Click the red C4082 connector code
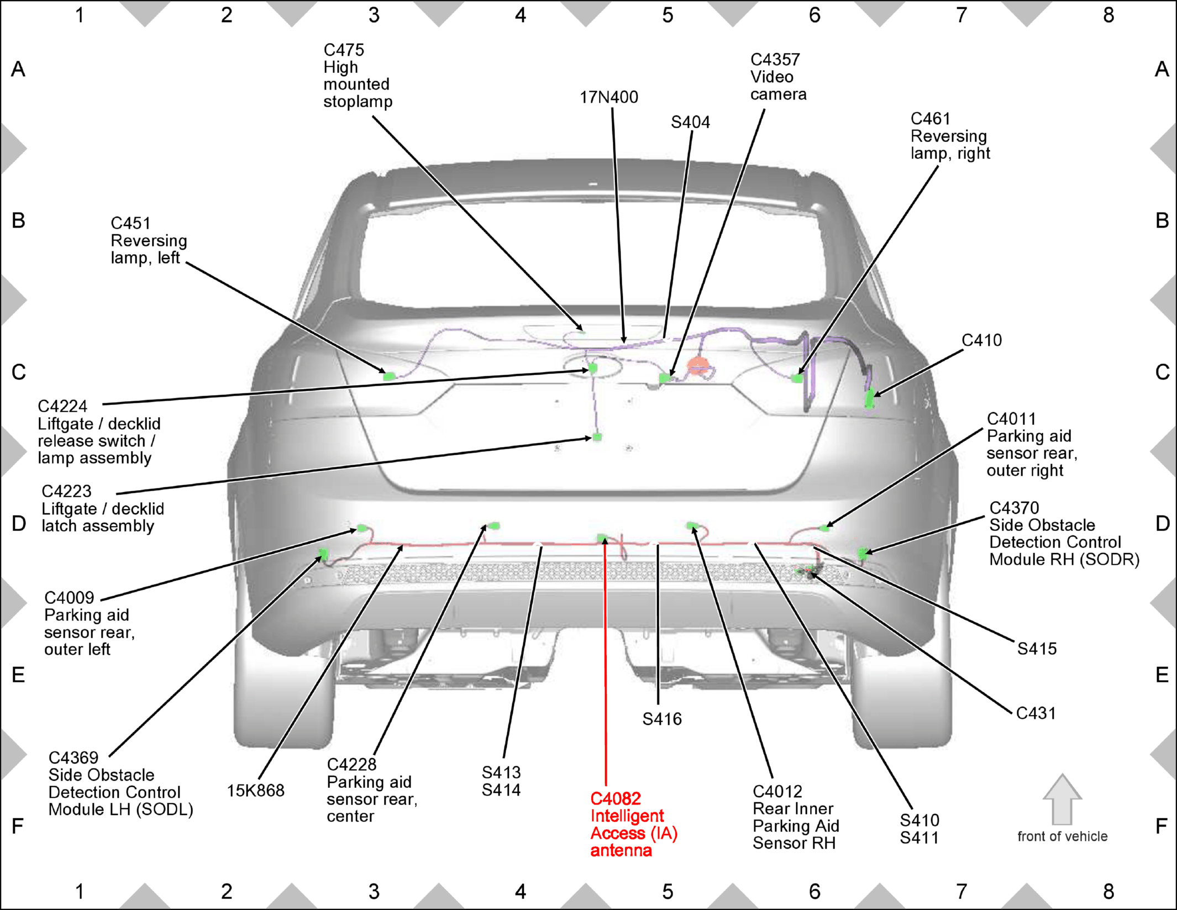click(x=616, y=798)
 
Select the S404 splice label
click(x=690, y=122)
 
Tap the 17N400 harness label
click(x=608, y=97)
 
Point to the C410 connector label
click(x=981, y=340)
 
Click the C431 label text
click(x=1036, y=713)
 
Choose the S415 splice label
click(x=1037, y=649)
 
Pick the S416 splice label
click(x=662, y=719)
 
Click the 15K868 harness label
click(x=255, y=791)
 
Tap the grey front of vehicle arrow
click(x=1062, y=799)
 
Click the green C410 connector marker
click(x=870, y=398)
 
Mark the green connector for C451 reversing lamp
click(x=389, y=376)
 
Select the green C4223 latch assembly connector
click(x=597, y=438)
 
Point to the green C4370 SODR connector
click(x=863, y=553)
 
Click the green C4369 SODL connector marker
click(x=323, y=553)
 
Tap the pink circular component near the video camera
click(x=697, y=366)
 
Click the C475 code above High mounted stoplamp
click(x=344, y=50)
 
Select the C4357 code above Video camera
click(x=775, y=60)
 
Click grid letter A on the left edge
click(x=18, y=70)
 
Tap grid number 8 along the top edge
click(x=1108, y=15)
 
